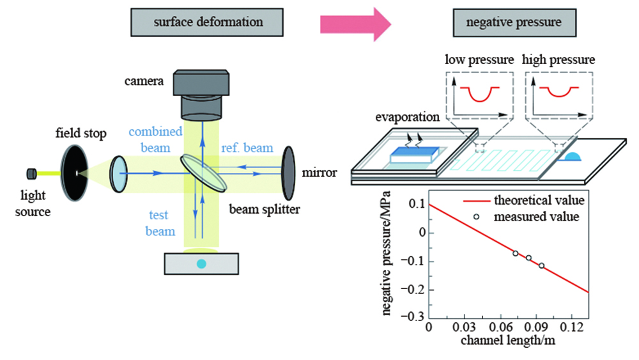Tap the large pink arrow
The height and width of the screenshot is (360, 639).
pos(355,24)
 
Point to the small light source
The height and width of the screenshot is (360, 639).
pos(31,173)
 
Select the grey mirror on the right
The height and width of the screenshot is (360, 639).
pos(289,173)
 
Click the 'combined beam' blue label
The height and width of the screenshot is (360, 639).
pos(154,139)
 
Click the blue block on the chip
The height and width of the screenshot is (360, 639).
pos(408,153)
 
